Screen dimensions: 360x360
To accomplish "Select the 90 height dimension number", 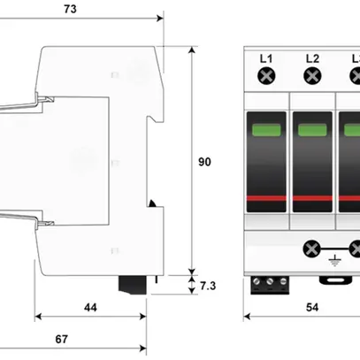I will coord(205,162).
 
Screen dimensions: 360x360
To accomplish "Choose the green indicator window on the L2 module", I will coord(312,132).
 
